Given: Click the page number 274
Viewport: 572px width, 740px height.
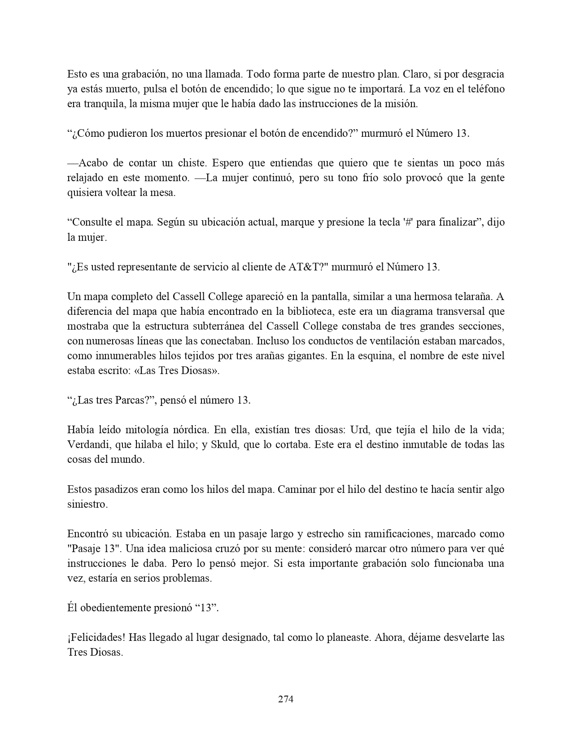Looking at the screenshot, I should (x=286, y=699).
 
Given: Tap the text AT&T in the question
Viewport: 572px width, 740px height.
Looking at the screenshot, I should (x=305, y=267).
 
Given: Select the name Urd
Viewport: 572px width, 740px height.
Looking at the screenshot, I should (x=359, y=430).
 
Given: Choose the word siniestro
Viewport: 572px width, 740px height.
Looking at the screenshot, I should (x=87, y=504).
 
